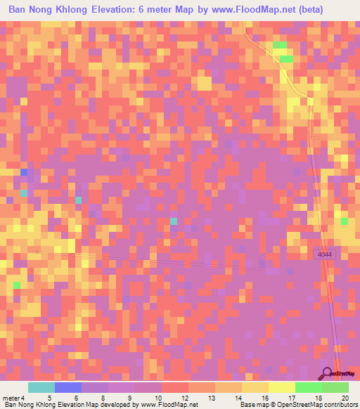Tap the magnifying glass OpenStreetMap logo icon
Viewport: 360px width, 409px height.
coord(326,375)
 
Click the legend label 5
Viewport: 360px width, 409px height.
coord(49,398)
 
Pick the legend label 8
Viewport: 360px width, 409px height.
coord(103,398)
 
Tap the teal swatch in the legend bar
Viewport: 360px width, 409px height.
coord(41,387)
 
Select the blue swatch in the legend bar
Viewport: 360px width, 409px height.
coord(68,387)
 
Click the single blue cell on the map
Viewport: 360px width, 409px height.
coord(24,172)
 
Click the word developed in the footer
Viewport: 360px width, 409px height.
coord(108,405)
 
